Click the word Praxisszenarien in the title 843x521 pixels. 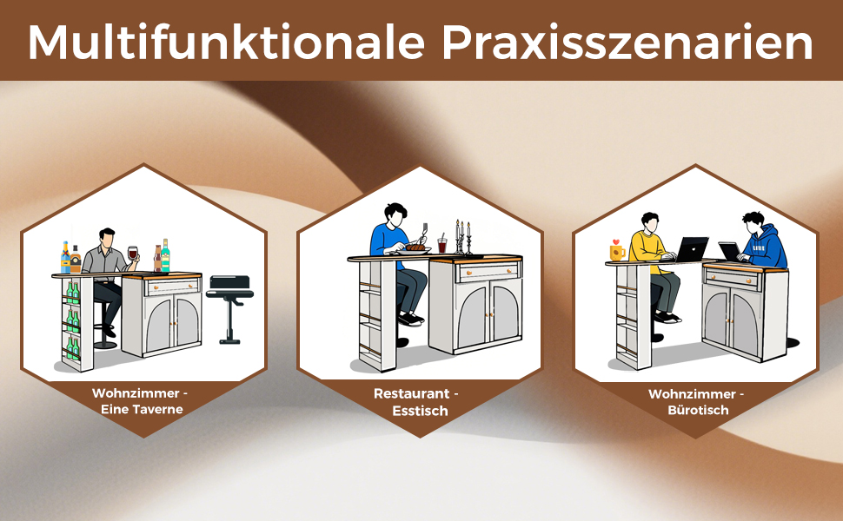[627, 43]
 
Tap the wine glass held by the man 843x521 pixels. [132, 254]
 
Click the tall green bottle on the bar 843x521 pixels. [166, 255]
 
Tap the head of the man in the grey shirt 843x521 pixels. [106, 237]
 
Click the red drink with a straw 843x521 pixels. [442, 244]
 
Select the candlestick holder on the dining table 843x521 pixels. [461, 237]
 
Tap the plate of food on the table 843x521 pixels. [414, 249]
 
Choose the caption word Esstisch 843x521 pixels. [420, 411]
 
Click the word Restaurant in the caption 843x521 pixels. [412, 393]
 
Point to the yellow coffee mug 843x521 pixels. [617, 252]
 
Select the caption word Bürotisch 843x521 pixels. [698, 411]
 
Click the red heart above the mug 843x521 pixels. [616, 241]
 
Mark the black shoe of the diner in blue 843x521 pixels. [410, 319]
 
